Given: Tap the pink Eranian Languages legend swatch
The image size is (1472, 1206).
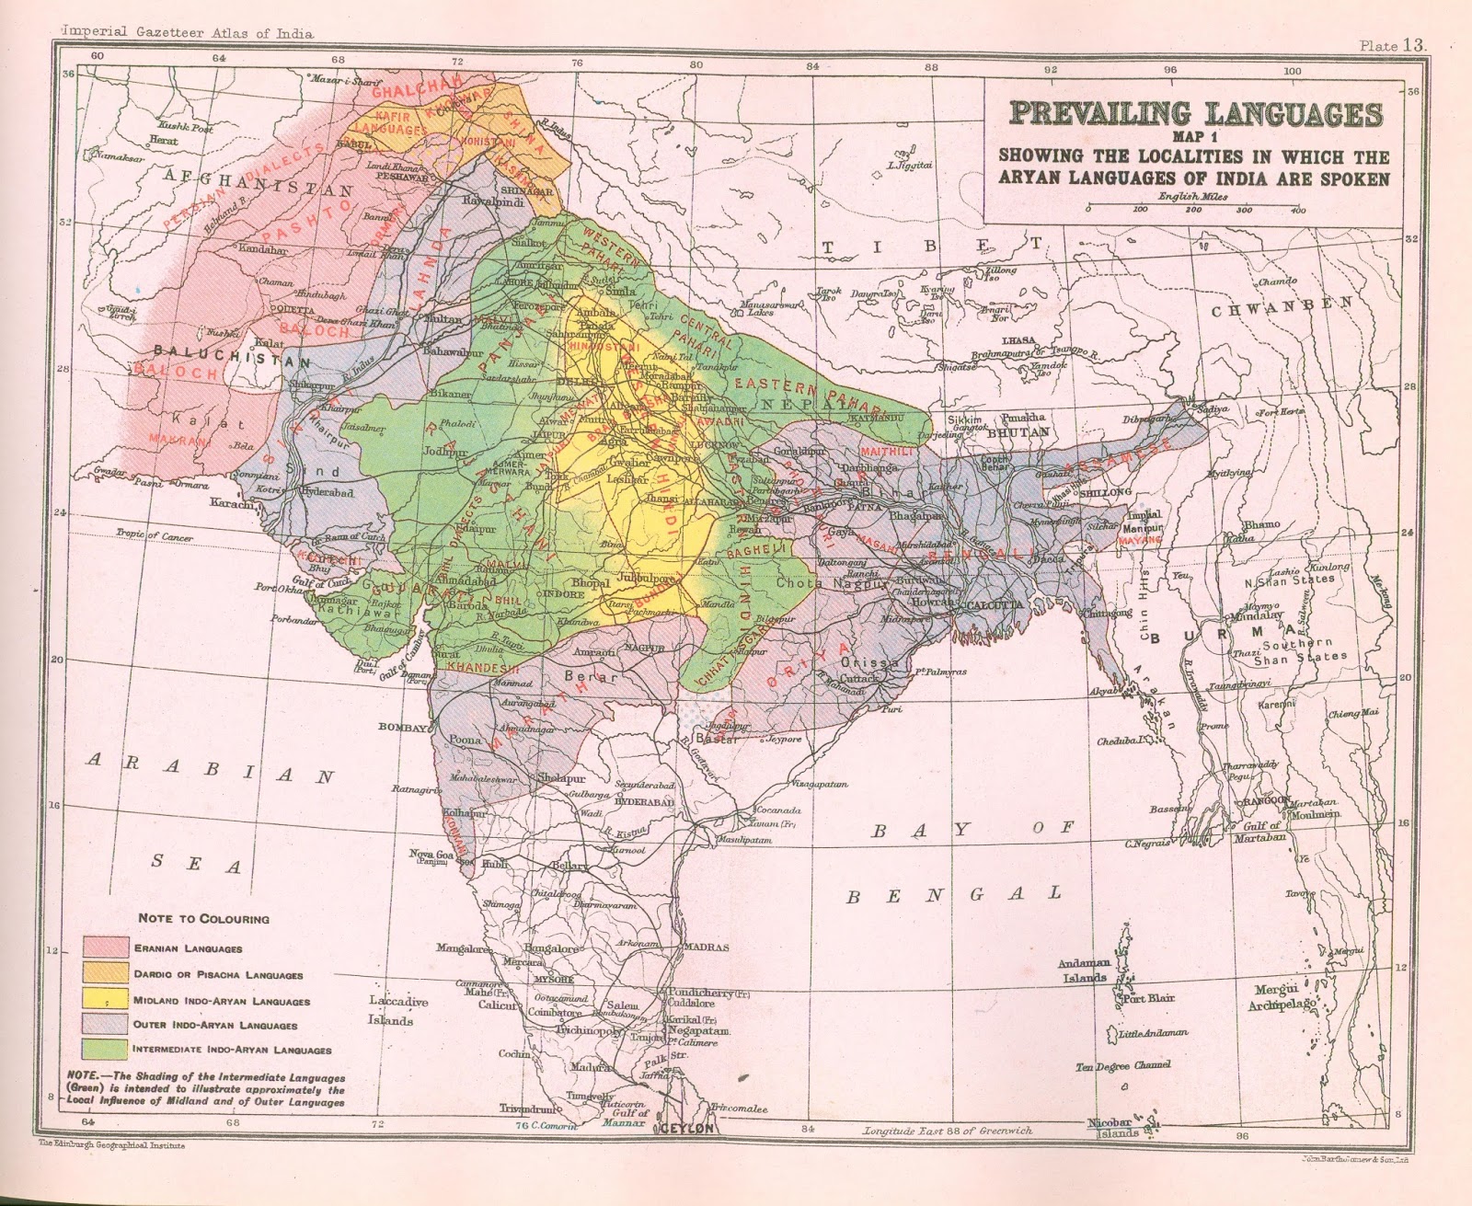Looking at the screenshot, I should click(105, 947).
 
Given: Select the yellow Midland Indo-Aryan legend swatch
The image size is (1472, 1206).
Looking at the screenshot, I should click(105, 998).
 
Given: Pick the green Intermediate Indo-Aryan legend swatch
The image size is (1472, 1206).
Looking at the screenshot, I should click(105, 1048).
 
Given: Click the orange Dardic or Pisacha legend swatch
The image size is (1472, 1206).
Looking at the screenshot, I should click(105, 972).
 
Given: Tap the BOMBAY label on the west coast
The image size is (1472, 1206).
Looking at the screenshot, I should click(402, 727).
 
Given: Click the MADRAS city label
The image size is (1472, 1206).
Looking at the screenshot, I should click(706, 947).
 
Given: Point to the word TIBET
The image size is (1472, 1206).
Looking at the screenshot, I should click(933, 247).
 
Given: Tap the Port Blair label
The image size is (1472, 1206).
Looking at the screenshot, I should click(1145, 998).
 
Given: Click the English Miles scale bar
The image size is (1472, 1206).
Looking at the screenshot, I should click(1193, 209).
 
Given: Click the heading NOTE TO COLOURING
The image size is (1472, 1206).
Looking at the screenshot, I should click(203, 918).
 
